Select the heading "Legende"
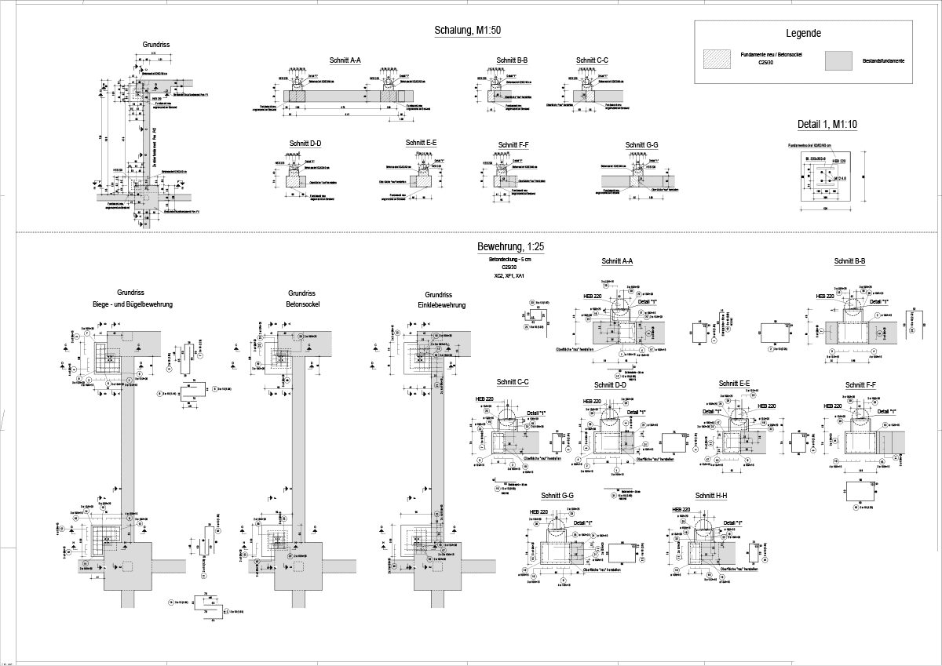point(803,34)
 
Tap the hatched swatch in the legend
point(716,60)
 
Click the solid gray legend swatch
point(839,60)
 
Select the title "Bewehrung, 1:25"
point(511,246)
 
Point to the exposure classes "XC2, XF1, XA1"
point(509,276)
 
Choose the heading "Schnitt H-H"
point(711,496)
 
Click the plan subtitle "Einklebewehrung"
point(441,305)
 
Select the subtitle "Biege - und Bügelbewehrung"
point(133,304)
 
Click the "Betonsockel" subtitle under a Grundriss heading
point(302,304)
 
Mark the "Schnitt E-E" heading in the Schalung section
point(421,143)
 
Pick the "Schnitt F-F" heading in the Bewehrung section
point(860,385)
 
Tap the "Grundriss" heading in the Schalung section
point(156,45)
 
